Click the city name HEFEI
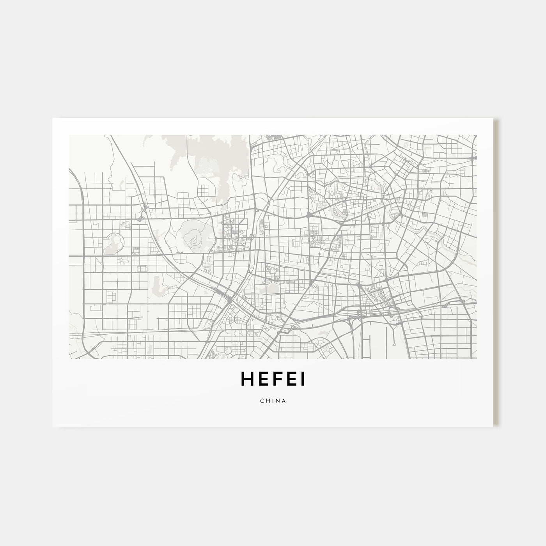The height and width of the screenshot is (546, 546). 273,379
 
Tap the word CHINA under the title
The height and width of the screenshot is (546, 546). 273,401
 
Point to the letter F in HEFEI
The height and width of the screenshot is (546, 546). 278,379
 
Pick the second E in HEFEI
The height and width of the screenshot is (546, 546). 292,379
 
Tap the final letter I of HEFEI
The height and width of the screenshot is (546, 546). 303,379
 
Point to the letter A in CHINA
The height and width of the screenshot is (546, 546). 284,401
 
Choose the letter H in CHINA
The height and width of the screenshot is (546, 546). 267,401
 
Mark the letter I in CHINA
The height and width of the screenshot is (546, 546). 273,401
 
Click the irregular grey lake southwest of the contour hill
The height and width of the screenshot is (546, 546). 158,284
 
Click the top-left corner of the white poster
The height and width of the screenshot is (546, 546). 52,118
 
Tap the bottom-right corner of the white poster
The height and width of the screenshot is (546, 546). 494,427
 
